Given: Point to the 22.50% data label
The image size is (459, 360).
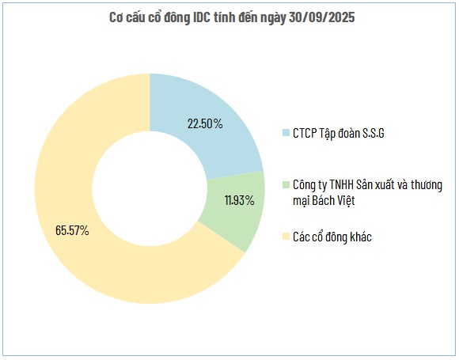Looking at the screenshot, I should tap(206, 124).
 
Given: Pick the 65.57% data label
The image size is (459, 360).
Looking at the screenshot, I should tap(72, 231).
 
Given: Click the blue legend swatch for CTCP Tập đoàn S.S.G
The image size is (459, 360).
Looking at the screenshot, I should tap(286, 131).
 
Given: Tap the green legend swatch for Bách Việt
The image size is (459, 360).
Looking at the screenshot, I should tap(286, 185).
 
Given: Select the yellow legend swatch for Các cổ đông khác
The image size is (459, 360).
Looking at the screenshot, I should tap(286, 237).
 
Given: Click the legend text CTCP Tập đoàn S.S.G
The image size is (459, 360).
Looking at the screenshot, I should tap(339, 131).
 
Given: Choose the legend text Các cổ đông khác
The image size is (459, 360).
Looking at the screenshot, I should tap(332, 237).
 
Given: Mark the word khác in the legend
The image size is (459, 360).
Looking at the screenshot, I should tap(358, 237).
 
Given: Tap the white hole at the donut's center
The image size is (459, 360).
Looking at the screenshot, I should tap(150, 188).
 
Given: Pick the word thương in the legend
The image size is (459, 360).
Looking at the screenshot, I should tap(431, 184).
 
